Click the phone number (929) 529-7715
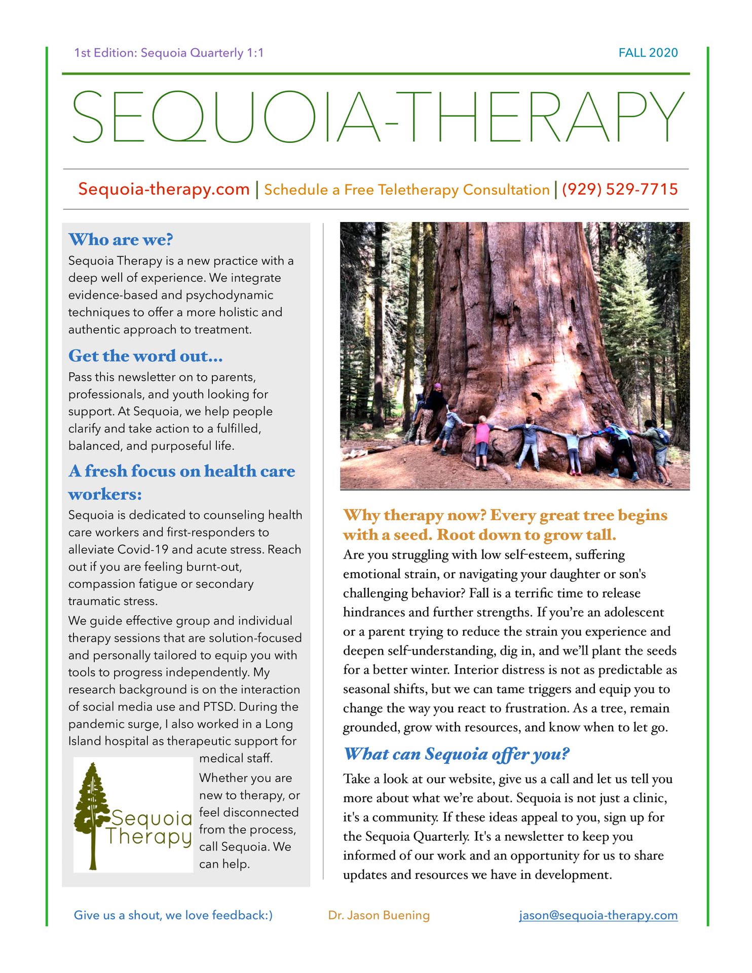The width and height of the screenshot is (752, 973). pos(619,190)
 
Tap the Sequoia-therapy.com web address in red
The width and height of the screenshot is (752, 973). pos(164,189)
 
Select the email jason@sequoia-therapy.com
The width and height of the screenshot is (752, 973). pos(598,915)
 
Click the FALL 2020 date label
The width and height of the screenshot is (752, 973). pos(648,53)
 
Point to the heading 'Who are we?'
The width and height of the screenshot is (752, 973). pos(121,240)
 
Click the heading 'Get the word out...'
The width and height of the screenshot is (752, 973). pos(145,356)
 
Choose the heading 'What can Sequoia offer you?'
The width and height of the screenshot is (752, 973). pos(457,754)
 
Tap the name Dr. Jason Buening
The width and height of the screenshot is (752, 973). pos(379,915)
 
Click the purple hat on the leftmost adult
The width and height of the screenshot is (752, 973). pos(437,386)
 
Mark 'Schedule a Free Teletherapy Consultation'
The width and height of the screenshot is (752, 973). pos(406,190)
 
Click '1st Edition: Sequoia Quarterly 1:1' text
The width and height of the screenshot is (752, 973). pos(169,53)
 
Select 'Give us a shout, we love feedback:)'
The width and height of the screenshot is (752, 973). pos(173,915)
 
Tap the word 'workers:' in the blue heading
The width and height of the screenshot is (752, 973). pos(105,494)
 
